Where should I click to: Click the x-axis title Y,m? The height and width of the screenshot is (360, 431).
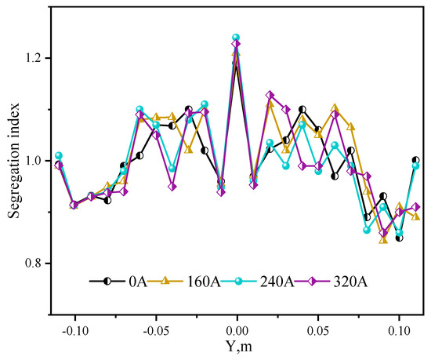pyautogui.click(x=237, y=345)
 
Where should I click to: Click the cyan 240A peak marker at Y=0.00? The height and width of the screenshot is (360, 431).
pyautogui.click(x=236, y=38)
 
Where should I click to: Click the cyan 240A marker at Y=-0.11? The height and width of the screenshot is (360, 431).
pyautogui.click(x=58, y=155)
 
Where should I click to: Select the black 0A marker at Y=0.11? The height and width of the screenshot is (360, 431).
pyautogui.click(x=415, y=160)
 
